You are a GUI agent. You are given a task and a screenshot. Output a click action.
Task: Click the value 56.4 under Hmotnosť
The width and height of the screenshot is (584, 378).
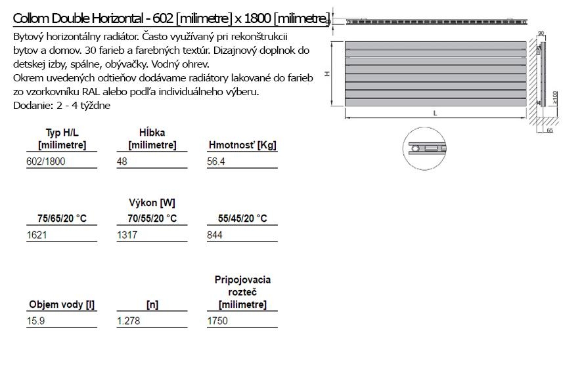pyautogui.click(x=216, y=161)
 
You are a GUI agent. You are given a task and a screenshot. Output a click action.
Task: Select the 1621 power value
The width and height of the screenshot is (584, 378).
pyautogui.click(x=37, y=235)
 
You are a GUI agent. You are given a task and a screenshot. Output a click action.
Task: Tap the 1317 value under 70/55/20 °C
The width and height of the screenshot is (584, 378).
pyautogui.click(x=127, y=235)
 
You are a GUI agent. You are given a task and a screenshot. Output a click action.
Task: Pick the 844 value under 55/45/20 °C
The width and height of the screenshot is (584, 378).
pyautogui.click(x=215, y=235)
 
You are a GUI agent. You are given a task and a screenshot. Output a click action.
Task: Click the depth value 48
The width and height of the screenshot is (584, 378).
pyautogui.click(x=122, y=161)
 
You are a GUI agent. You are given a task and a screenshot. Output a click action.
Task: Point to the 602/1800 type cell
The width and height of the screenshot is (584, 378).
pyautogui.click(x=46, y=161)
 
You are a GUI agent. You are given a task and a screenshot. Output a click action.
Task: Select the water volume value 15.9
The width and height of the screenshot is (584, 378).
pyautogui.click(x=35, y=321)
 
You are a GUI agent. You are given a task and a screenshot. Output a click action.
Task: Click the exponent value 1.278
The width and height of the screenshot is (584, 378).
pyautogui.click(x=129, y=321)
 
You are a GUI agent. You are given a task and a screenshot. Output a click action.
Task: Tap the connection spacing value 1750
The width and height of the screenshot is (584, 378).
pyautogui.click(x=217, y=321)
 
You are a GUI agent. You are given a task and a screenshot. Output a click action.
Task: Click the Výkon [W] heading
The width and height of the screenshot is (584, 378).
pyautogui.click(x=152, y=203)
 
